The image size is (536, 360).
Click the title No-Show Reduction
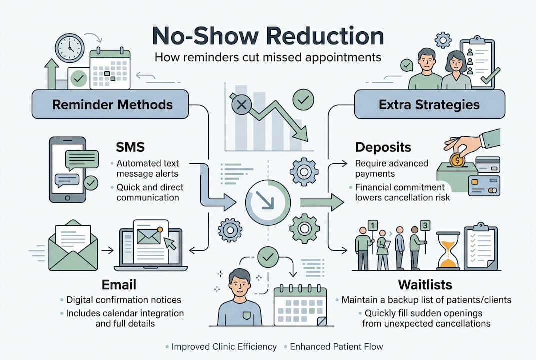[268, 36]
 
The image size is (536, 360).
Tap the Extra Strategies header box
[429, 104]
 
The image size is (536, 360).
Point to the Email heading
[119, 285]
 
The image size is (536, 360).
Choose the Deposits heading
[383, 147]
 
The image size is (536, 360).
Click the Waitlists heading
[425, 285]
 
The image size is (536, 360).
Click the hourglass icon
[448, 250]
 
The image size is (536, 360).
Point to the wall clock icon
[70, 48]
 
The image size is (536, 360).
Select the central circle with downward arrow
[268, 202]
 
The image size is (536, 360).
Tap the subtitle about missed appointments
[268, 57]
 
